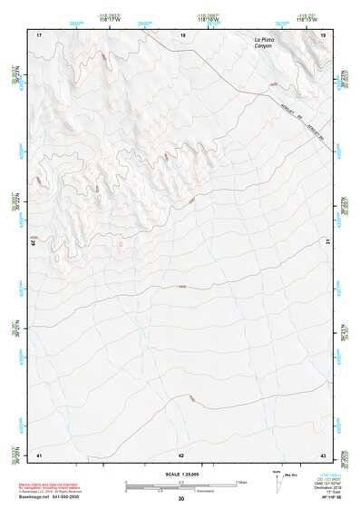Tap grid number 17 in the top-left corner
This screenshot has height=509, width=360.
(x=39, y=34)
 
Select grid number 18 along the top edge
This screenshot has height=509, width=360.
(x=182, y=34)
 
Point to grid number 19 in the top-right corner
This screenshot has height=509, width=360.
(x=323, y=34)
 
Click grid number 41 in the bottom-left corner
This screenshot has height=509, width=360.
(x=39, y=454)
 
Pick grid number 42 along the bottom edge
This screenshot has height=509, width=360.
(x=181, y=454)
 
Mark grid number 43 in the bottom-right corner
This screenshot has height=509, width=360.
(x=323, y=454)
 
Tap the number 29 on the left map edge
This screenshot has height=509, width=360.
(x=34, y=242)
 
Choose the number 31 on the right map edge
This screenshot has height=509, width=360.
(x=328, y=242)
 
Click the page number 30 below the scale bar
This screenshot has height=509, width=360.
(x=181, y=499)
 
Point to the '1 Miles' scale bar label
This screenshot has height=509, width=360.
(x=242, y=481)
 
